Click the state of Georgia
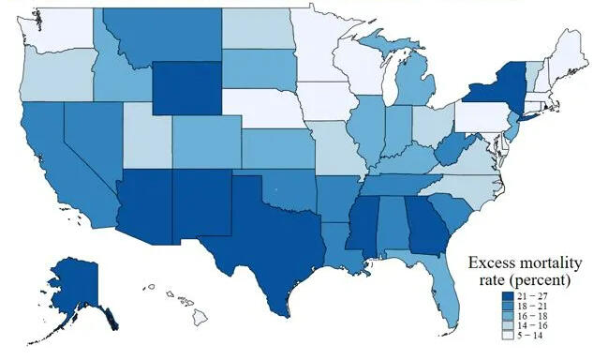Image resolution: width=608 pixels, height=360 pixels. (x=427, y=225)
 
